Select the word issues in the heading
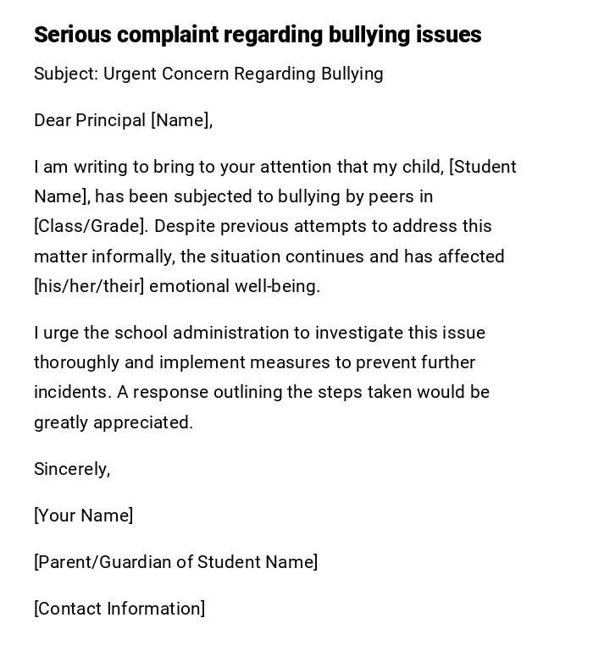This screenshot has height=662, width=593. click(x=448, y=35)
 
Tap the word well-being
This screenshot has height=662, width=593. click(x=277, y=286)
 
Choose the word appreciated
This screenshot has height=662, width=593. click(x=142, y=422)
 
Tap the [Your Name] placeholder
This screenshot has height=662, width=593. click(x=83, y=516)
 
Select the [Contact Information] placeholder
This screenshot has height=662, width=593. click(x=119, y=609)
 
